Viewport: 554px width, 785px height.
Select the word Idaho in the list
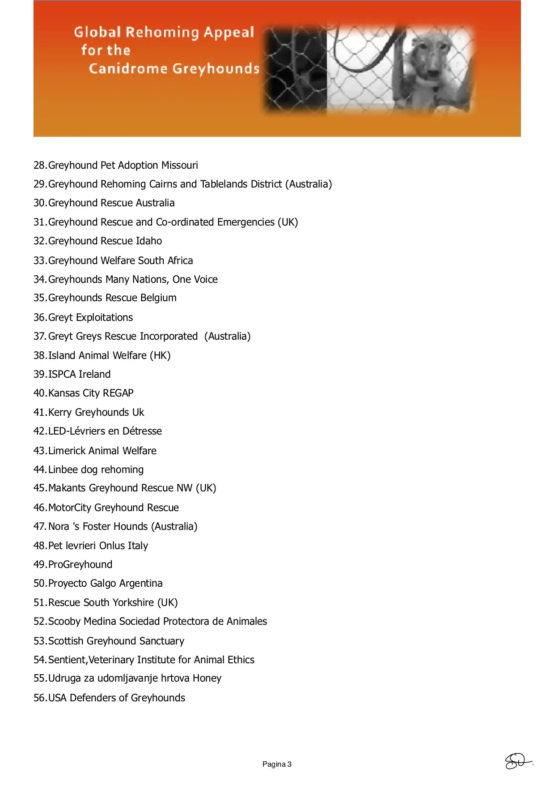pyautogui.click(x=149, y=241)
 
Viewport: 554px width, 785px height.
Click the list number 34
pyautogui.click(x=39, y=279)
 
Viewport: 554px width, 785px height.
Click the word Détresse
pyautogui.click(x=142, y=431)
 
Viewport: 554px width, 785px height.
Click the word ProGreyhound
pyautogui.click(x=80, y=564)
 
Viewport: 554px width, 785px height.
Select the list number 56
pyautogui.click(x=39, y=698)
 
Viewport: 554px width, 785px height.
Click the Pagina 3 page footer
pyautogui.click(x=277, y=764)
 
